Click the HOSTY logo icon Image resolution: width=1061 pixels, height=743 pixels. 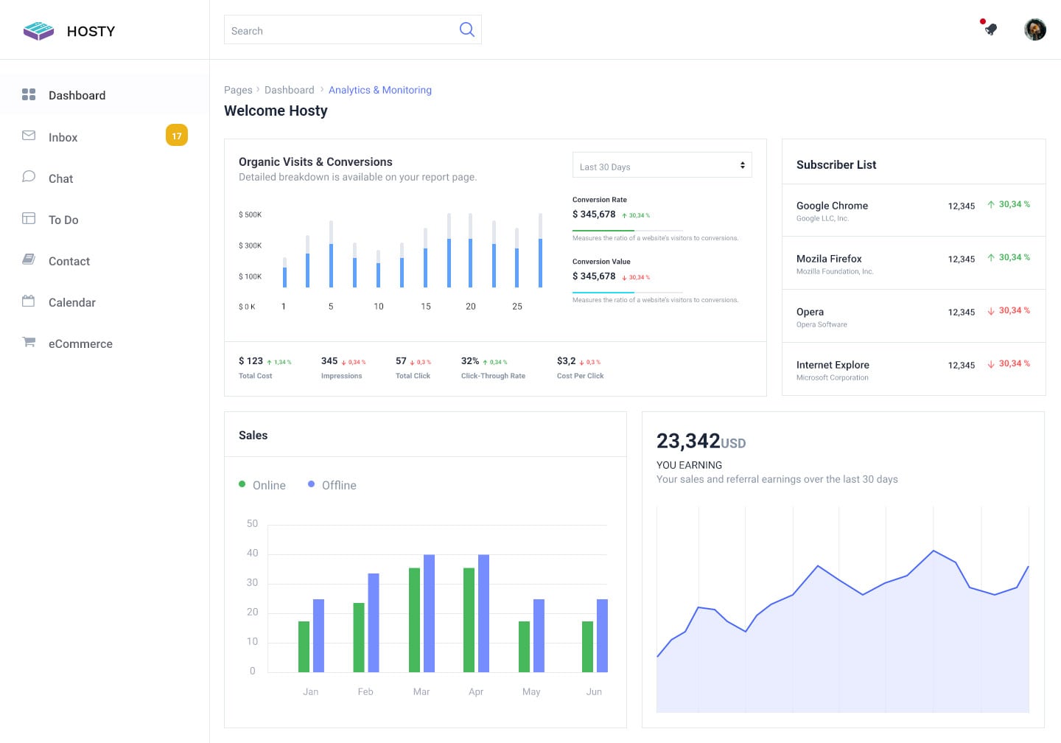point(38,31)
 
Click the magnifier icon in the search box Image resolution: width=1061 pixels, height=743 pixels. point(466,29)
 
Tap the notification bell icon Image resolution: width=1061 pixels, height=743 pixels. point(990,29)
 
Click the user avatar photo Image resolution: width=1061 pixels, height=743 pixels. point(1034,29)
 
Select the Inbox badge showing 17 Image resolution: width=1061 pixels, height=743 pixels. point(177,136)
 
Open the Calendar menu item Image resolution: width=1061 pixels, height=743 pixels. point(71,302)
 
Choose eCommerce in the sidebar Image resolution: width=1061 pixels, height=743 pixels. point(80,343)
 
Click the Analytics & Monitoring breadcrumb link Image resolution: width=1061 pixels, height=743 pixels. point(379,90)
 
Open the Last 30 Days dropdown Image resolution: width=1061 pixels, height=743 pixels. point(662,166)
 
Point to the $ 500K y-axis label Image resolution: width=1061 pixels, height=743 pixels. point(250,214)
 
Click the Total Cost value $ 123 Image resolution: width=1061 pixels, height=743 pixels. point(251,361)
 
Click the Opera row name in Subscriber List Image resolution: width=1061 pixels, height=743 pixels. point(810,312)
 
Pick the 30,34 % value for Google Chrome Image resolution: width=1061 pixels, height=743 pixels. point(1014,204)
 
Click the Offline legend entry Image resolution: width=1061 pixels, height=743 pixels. point(338,485)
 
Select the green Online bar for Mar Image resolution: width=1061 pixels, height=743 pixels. point(414,619)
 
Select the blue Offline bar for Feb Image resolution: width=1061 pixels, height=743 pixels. point(374,623)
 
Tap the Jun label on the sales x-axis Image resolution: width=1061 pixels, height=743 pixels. point(594,691)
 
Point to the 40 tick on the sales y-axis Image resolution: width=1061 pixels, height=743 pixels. point(252,553)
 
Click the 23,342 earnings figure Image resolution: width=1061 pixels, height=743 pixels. point(688,441)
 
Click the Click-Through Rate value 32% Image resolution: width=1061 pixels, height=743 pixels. point(470,361)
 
